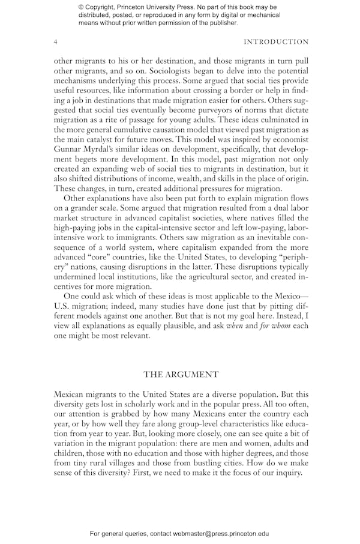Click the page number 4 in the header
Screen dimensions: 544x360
coord(56,42)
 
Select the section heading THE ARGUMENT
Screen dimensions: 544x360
coord(181,374)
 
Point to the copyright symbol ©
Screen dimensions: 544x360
coord(82,7)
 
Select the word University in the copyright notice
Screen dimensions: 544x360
coord(166,7)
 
